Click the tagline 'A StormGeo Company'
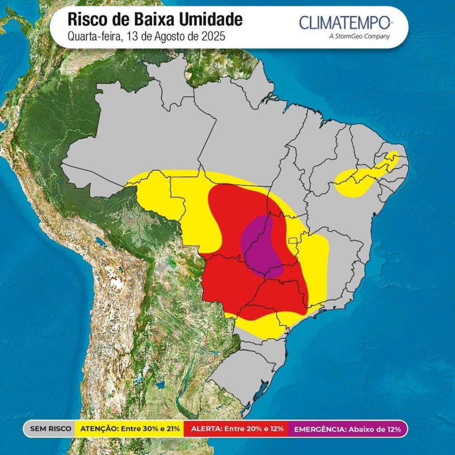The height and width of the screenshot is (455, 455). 359,36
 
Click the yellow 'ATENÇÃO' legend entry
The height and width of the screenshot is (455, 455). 130,429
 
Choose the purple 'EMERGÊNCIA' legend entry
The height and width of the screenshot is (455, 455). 347,429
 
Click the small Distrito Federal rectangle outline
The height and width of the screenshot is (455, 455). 292,240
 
